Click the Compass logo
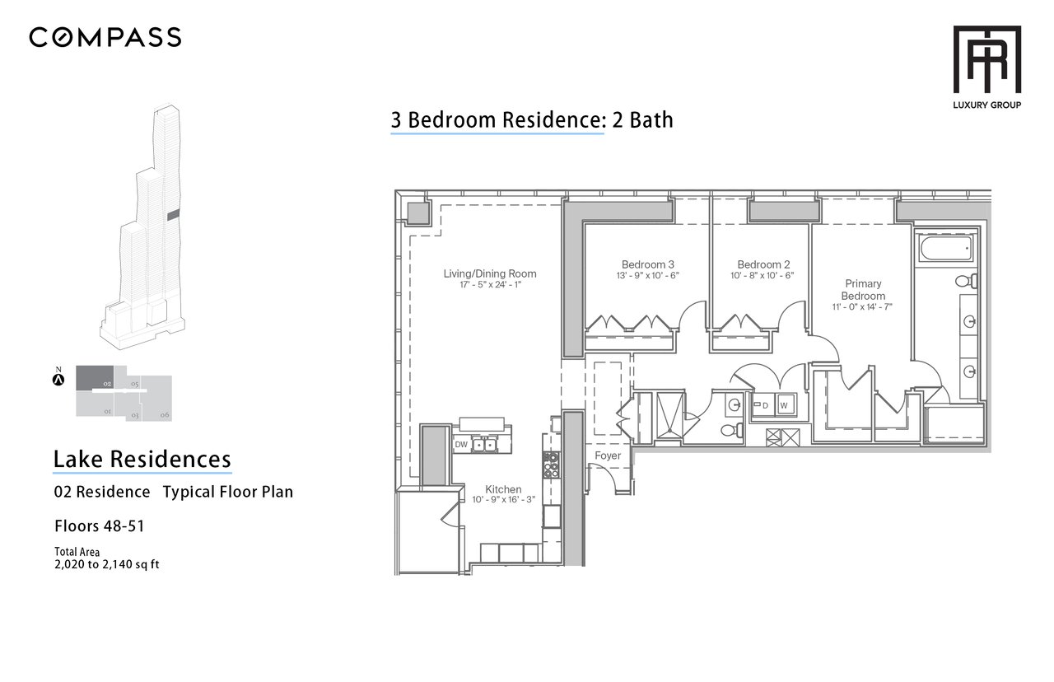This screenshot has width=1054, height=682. click(x=105, y=37)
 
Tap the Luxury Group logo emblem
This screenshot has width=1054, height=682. click(x=986, y=59)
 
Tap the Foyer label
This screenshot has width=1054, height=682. click(x=608, y=455)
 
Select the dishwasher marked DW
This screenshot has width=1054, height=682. click(x=461, y=444)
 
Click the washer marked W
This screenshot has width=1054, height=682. click(x=784, y=405)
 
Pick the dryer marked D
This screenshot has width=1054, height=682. click(x=763, y=405)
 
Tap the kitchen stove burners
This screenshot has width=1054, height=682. click(x=551, y=465)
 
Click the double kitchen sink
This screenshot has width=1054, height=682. click(x=484, y=444)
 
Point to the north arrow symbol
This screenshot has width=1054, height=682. click(x=58, y=379)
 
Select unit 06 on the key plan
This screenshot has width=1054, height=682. click(x=157, y=399)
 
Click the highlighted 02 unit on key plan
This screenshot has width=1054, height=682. click(x=95, y=378)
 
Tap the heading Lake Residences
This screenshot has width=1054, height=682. click(x=142, y=459)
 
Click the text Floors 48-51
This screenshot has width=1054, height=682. click(x=100, y=526)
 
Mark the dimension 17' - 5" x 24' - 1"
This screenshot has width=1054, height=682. click(x=490, y=285)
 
